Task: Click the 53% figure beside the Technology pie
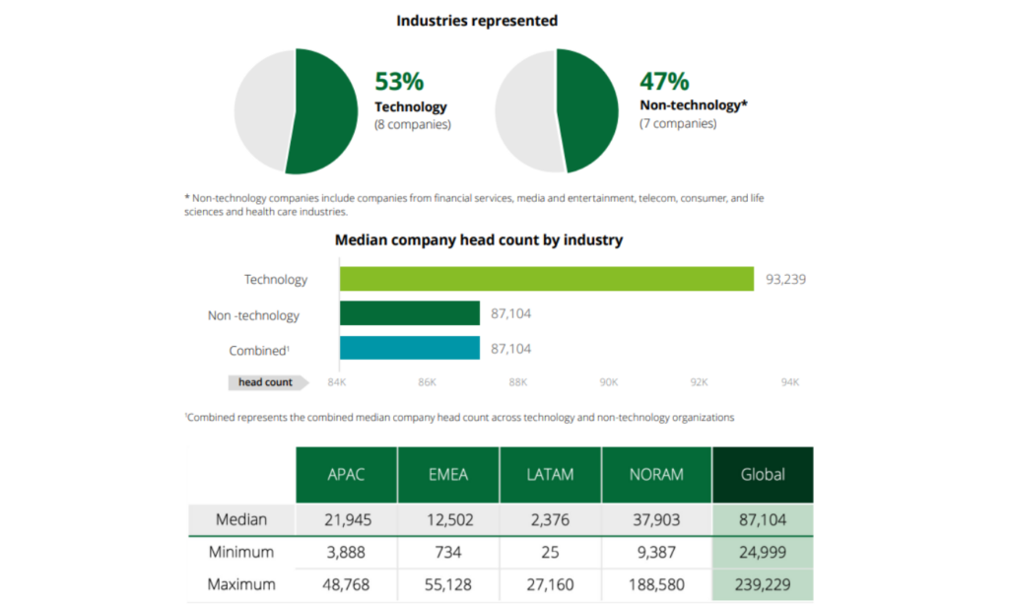click(399, 82)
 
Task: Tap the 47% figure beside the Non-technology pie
click(664, 82)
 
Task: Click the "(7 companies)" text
click(678, 124)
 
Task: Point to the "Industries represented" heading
click(477, 20)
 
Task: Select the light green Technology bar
click(547, 279)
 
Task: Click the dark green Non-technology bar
click(410, 314)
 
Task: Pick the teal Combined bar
click(410, 349)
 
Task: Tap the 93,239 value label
click(785, 279)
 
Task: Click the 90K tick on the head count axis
click(608, 382)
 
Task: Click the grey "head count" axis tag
click(264, 382)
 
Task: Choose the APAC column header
click(346, 474)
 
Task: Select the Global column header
click(763, 474)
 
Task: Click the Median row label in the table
click(241, 519)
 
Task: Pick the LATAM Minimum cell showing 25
click(551, 552)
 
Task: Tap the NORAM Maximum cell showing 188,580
click(656, 584)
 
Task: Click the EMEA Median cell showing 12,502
click(448, 519)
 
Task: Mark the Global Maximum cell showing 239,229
click(763, 584)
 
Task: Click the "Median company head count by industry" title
click(478, 239)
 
